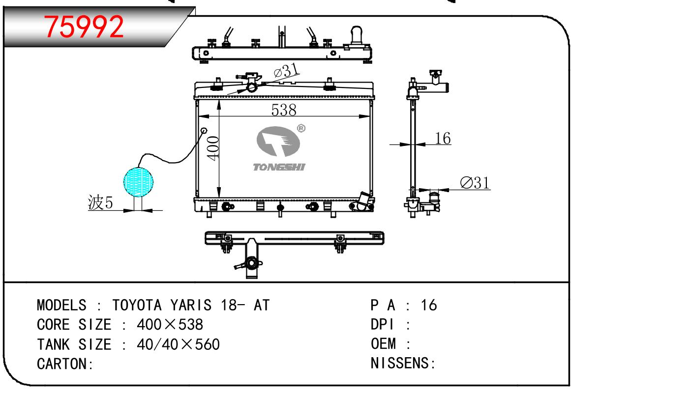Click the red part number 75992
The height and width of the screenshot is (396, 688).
[84, 27]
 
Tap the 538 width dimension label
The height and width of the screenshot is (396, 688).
[284, 110]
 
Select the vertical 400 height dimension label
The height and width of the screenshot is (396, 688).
[213, 148]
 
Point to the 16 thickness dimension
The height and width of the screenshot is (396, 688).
[443, 138]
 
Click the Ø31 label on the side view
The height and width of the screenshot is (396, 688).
[475, 183]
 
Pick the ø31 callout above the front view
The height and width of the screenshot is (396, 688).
[286, 71]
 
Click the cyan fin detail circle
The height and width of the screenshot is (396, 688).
[138, 182]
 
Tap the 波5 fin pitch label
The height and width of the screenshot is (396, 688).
[100, 202]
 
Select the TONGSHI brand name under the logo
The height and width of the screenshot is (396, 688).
[279, 167]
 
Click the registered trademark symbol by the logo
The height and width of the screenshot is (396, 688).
[301, 128]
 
